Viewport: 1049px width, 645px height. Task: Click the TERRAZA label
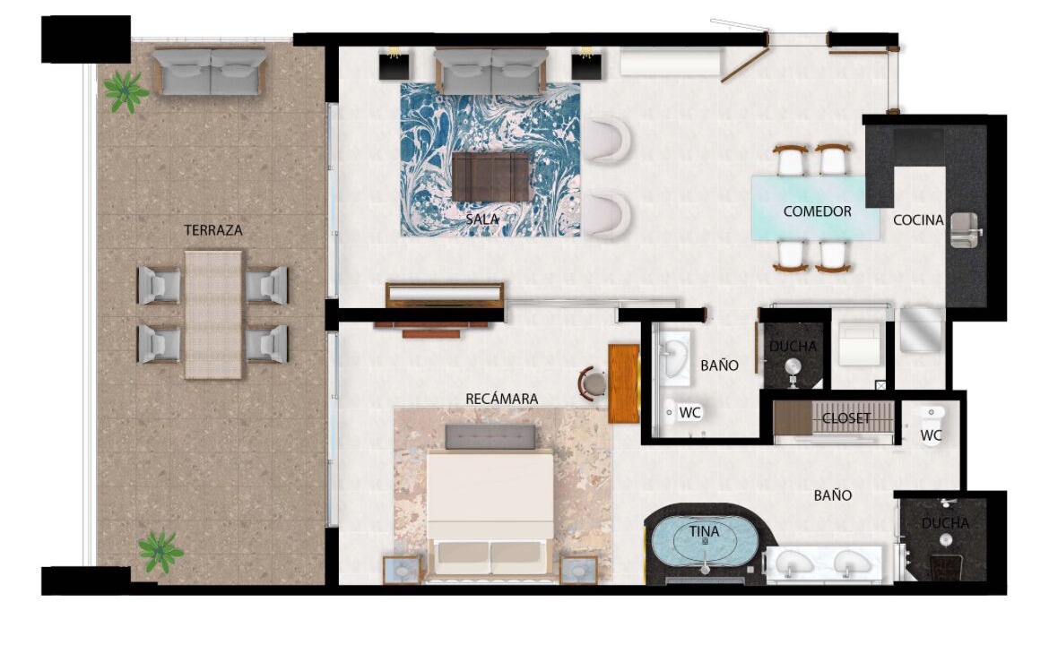coord(212,230)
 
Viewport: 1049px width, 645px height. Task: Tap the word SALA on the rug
coord(482,219)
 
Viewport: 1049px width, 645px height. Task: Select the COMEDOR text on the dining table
coord(817,211)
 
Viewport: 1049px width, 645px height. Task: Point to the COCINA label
coord(918,219)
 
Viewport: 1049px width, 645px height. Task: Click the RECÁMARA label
coord(502,399)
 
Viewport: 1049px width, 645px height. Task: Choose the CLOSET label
coord(846,418)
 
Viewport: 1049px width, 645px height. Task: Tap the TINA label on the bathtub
coord(705,531)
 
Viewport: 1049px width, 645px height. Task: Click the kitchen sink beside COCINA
coord(965,230)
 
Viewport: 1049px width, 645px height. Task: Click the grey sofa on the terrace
coord(210,70)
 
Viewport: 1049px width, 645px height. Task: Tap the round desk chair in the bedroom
coord(592,383)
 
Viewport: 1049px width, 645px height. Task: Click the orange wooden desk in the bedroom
coord(623,383)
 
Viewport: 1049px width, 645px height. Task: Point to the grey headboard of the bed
coord(490,436)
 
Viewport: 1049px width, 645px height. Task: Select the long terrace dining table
coord(212,314)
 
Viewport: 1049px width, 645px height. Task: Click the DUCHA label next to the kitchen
coord(793,346)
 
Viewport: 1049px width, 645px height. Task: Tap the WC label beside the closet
coord(931,435)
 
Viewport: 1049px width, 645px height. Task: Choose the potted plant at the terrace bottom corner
coord(160,552)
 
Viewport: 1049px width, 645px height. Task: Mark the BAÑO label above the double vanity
coord(833,495)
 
